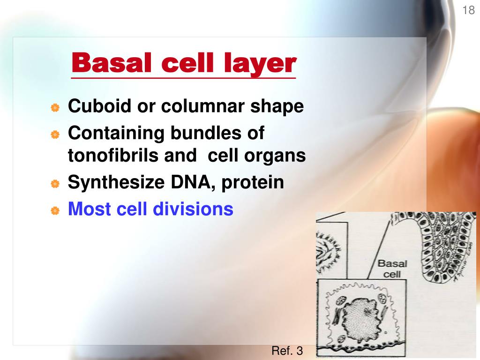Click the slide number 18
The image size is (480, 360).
tap(469, 10)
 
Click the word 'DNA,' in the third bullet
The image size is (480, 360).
tap(191, 183)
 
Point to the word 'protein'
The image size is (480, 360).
tap(253, 183)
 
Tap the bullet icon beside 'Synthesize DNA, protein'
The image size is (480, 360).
tap(55, 184)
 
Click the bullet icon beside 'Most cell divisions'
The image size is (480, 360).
tap(55, 211)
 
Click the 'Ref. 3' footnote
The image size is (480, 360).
tap(287, 351)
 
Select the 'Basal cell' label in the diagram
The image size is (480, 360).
tap(392, 268)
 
